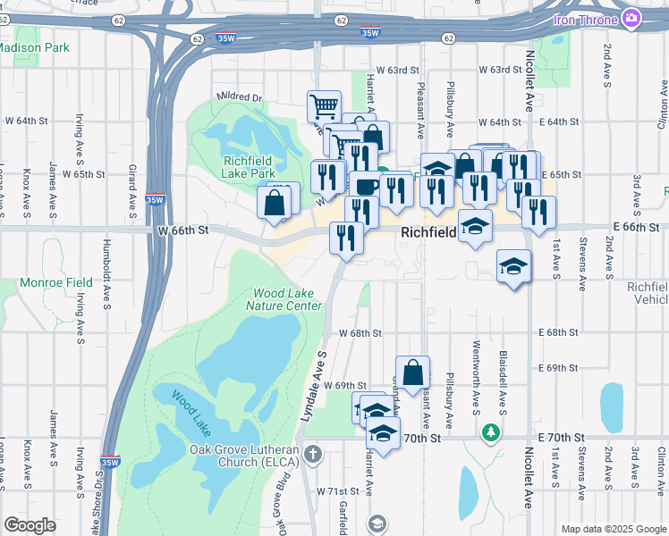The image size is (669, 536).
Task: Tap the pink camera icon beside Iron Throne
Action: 632,17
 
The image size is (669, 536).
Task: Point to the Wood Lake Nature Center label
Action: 287,299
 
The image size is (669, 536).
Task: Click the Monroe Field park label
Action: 56,282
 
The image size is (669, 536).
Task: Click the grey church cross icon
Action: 312,454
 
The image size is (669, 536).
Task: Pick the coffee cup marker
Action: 367,186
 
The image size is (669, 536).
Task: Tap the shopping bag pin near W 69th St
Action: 413,373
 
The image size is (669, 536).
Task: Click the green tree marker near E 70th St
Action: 490,434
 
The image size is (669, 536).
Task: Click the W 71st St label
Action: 337,492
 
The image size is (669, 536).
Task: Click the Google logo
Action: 30,525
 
